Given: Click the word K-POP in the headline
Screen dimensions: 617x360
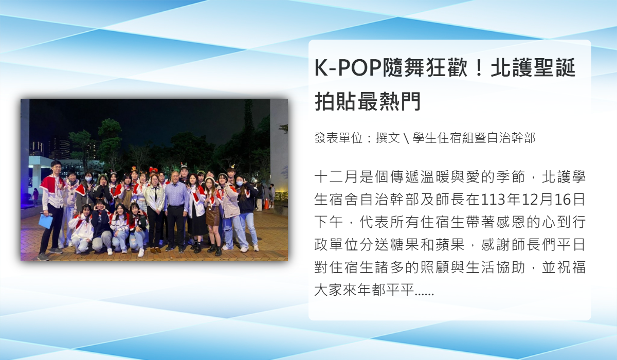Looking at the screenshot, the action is tap(348, 68).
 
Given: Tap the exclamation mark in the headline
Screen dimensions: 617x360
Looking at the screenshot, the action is tap(479, 68).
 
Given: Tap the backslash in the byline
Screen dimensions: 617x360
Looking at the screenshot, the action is tap(406, 138).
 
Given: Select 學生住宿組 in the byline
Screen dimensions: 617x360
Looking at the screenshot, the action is tap(443, 138).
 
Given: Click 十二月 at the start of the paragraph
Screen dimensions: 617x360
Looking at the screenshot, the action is tap(337, 177).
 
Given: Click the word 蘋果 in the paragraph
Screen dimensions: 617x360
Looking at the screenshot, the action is tap(450, 245).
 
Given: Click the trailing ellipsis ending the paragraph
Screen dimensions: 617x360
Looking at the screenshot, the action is tap(424, 294).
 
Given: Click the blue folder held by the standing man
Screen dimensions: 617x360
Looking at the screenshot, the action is tap(45, 222).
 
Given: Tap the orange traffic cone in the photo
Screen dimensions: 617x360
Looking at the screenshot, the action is tap(266, 204).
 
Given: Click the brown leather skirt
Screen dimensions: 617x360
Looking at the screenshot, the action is tap(212, 215).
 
